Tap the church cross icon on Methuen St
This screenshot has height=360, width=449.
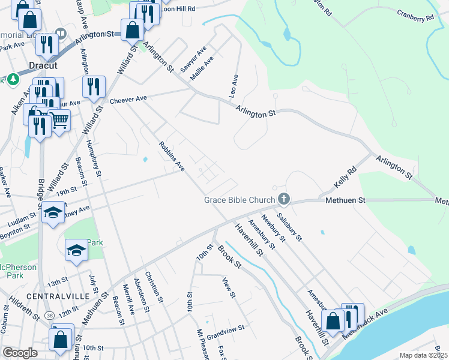tap(284, 199)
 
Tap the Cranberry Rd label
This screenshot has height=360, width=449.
tap(415, 16)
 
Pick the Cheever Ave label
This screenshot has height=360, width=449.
tap(128, 99)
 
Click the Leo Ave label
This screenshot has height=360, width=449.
tap(234, 86)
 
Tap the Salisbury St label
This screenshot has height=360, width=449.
tap(289, 226)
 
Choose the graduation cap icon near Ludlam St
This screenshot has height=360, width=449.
tap(53, 212)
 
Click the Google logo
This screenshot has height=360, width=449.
tap(19, 353)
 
